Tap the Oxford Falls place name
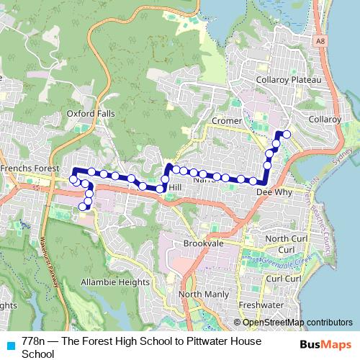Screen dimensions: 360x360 (x=90, y=113)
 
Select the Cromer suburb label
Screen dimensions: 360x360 (x=227, y=121)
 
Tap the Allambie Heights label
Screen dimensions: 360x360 (x=114, y=282)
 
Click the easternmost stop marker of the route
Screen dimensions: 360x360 (x=287, y=134)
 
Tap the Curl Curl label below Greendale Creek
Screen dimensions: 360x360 (x=283, y=278)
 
